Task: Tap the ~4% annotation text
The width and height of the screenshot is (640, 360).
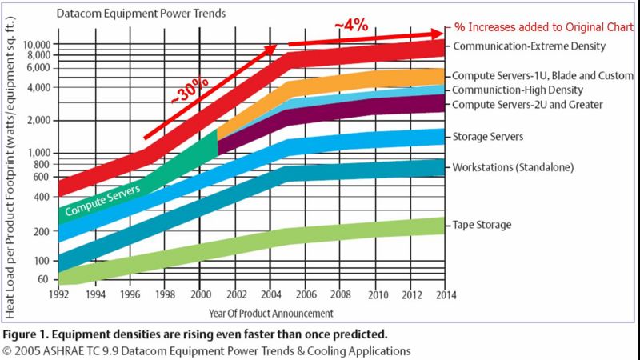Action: [352, 25]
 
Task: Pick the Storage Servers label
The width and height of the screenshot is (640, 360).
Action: [488, 137]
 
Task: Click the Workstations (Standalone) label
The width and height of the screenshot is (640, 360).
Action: [507, 168]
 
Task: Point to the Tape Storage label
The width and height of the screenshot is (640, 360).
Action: [482, 225]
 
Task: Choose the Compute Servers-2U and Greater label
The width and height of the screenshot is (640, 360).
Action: [528, 105]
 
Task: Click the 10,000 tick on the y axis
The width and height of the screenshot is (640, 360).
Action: [37, 44]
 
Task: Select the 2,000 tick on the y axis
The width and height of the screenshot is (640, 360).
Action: [40, 120]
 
